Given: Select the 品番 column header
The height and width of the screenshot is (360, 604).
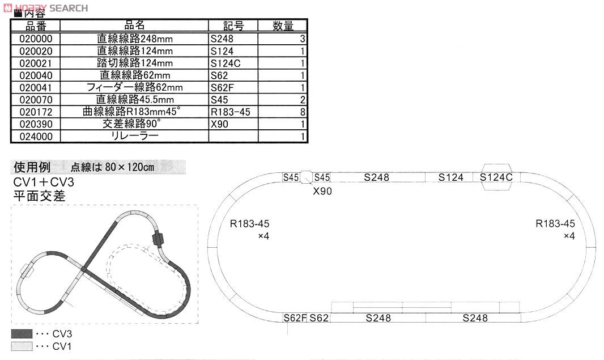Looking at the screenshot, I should tap(35, 26).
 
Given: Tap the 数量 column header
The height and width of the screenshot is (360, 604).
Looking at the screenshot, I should tap(282, 26).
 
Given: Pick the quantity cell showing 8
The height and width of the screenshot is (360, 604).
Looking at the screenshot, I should tap(282, 112).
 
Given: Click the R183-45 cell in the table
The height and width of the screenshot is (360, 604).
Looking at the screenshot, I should tap(233, 112).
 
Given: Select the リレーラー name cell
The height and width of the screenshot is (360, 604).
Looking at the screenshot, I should tap(134, 136).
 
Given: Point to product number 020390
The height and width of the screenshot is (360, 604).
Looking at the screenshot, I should tap(35, 124).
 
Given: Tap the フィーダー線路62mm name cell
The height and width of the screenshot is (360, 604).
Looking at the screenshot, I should tap(134, 88).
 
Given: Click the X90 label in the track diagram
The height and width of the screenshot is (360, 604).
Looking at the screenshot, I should tap(322, 191).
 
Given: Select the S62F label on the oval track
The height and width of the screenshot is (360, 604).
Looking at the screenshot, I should tap(295, 318).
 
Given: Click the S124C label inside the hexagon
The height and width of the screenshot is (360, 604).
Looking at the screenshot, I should tap(496, 177).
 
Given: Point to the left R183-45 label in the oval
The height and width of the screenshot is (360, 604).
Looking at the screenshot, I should tap(250, 224).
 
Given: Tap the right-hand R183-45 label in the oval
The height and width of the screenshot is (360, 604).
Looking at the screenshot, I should tap(555, 224).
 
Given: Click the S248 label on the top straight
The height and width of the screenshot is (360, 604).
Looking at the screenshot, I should tap(377, 177).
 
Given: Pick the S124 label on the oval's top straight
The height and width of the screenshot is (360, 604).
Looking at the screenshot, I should tap(451, 177).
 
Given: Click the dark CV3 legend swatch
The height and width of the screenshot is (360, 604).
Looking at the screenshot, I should tap(22, 334).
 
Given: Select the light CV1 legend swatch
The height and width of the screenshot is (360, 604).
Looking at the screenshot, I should tap(22, 346).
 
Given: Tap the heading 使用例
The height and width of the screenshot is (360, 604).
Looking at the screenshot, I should tap(32, 167).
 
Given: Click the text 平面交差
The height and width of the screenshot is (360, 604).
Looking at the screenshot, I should tap(40, 197).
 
